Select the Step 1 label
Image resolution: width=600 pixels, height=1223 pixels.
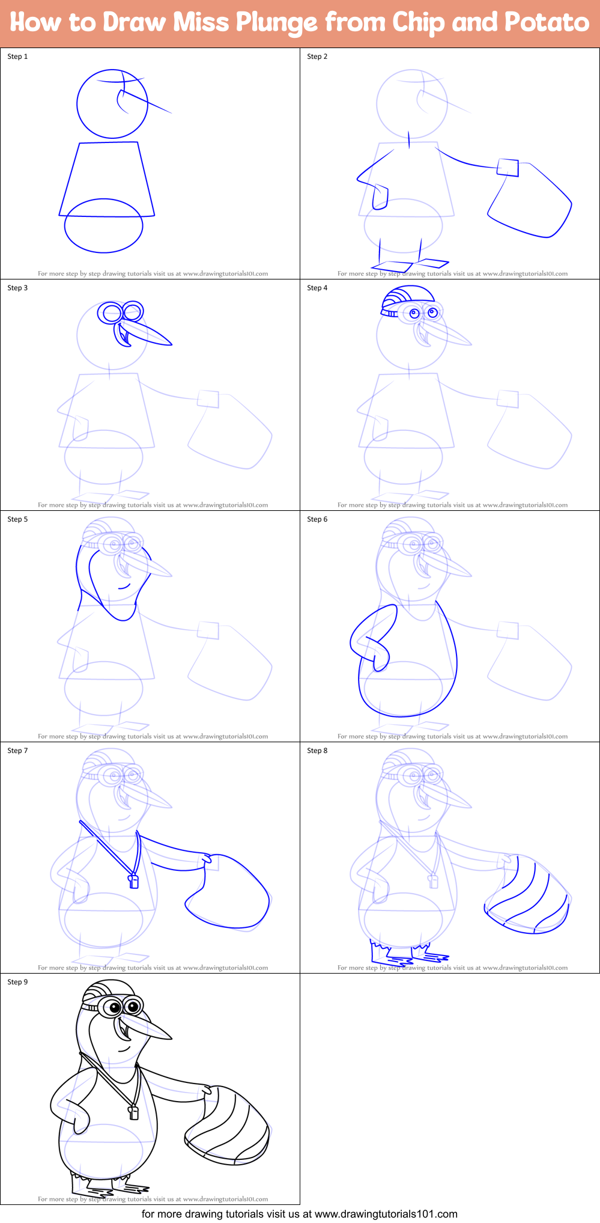(x=17, y=56)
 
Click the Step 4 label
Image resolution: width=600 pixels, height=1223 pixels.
(x=317, y=288)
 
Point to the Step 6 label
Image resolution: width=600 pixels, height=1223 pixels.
(x=317, y=519)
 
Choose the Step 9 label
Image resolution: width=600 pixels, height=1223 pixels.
(x=17, y=982)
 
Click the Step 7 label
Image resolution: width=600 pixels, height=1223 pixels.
(x=17, y=751)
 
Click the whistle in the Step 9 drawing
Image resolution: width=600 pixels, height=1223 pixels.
(x=134, y=1112)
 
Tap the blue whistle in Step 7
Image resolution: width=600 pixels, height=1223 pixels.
(x=134, y=881)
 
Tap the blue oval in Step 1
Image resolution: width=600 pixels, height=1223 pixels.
(x=104, y=226)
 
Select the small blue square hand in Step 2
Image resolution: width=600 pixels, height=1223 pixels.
(x=508, y=167)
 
